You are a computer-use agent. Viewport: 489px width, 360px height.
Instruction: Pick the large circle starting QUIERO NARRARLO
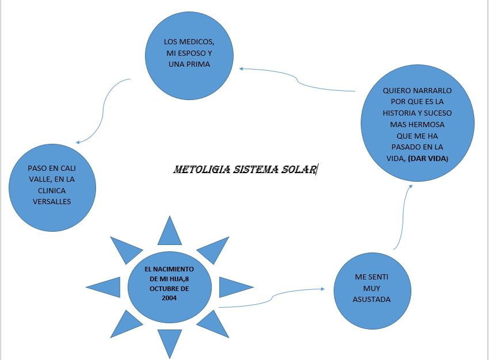tap(417, 124)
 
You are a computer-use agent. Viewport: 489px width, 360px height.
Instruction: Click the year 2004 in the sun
tap(169, 298)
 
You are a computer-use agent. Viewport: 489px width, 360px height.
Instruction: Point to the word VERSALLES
tap(52, 201)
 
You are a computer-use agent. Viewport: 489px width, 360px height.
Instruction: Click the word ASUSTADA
tap(372, 300)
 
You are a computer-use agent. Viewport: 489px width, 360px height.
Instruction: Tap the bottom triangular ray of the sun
tap(170, 343)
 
